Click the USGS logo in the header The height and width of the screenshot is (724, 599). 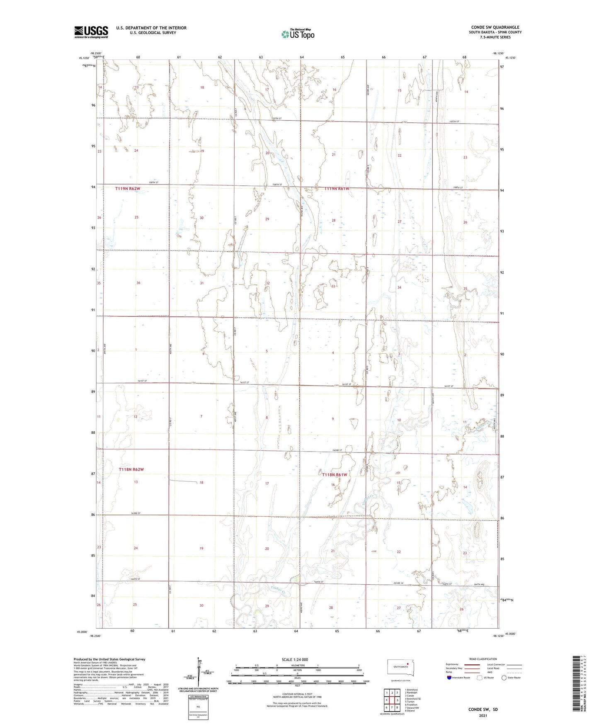(91, 32)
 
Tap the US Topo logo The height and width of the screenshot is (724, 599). (297, 34)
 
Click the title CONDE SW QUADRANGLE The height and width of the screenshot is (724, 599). (495, 27)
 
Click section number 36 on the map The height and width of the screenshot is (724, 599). (138, 283)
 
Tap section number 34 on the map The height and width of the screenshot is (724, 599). (399, 287)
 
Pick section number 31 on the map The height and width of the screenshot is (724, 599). (202, 283)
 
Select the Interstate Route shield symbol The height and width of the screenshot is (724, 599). (449, 678)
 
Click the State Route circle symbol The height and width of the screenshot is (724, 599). (504, 678)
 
